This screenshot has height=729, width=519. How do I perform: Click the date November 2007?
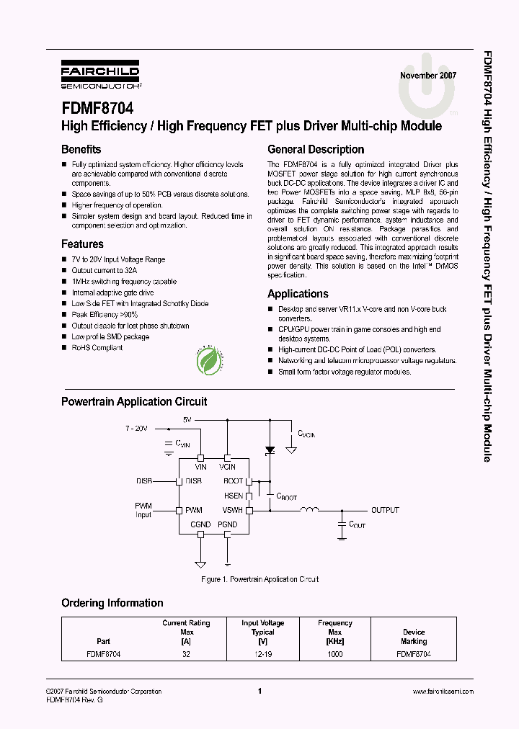[428, 76]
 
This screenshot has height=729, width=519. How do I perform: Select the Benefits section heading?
[81, 150]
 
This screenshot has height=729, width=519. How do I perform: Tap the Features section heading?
[82, 244]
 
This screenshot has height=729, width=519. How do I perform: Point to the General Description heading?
[316, 150]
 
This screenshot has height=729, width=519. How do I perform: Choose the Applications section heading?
[298, 294]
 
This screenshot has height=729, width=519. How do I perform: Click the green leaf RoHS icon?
[209, 360]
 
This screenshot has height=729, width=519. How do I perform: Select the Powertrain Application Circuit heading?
[134, 402]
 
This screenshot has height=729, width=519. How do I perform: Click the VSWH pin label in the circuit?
[233, 510]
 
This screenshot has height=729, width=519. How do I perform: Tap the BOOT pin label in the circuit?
[233, 480]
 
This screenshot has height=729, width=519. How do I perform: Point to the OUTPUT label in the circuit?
[385, 510]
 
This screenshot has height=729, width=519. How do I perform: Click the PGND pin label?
[227, 524]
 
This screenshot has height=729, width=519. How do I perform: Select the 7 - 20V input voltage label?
[136, 428]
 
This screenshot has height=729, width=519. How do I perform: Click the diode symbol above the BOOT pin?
[270, 450]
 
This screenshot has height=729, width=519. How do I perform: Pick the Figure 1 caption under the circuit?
[259, 579]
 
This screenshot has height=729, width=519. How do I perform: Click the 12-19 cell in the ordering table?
[262, 654]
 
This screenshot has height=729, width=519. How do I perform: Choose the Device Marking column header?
[414, 637]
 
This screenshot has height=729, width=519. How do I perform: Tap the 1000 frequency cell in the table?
[334, 654]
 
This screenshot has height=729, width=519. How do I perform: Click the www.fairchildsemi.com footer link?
[443, 692]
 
